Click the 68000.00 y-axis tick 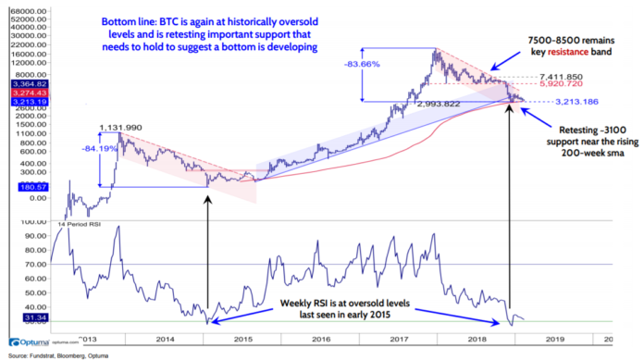(x=28, y=11)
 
